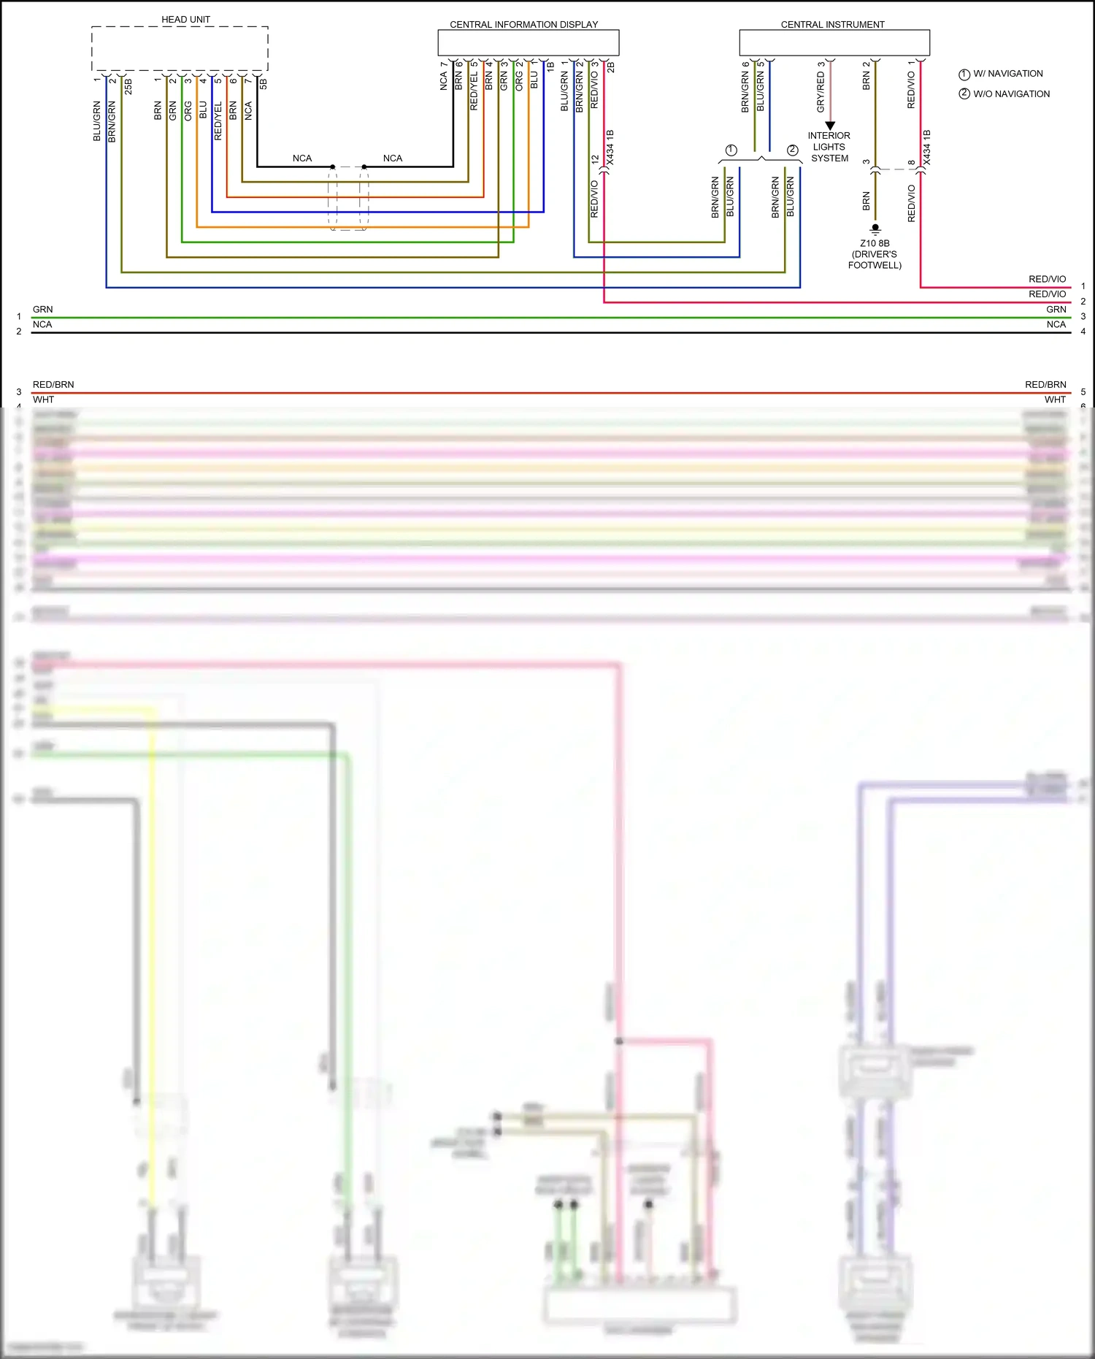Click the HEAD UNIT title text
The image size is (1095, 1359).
[x=185, y=20]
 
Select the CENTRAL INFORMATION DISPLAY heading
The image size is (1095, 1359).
[x=523, y=25]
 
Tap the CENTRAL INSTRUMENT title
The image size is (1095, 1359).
[x=832, y=25]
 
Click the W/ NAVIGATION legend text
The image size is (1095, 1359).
[x=1007, y=74]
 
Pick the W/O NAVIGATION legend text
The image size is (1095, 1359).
[x=1011, y=94]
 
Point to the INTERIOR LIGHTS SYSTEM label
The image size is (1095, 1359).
[x=829, y=147]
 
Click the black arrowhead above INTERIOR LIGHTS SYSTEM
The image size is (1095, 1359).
[x=830, y=126]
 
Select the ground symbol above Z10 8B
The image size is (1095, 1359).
[x=875, y=229]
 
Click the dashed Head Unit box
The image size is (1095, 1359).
[x=180, y=49]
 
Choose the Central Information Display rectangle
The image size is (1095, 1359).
[x=528, y=42]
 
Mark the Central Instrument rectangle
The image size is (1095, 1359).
[x=834, y=42]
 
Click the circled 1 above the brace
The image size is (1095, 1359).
[x=731, y=150]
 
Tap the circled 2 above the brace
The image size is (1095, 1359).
[x=792, y=150]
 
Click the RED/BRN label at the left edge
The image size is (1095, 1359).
[x=53, y=385]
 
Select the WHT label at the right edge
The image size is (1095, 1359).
[x=1055, y=399]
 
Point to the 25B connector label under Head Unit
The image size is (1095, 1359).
[x=129, y=86]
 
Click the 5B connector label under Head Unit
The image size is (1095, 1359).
[x=264, y=84]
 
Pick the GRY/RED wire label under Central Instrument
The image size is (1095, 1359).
[x=821, y=92]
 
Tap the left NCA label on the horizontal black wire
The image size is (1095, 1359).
[x=302, y=158]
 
